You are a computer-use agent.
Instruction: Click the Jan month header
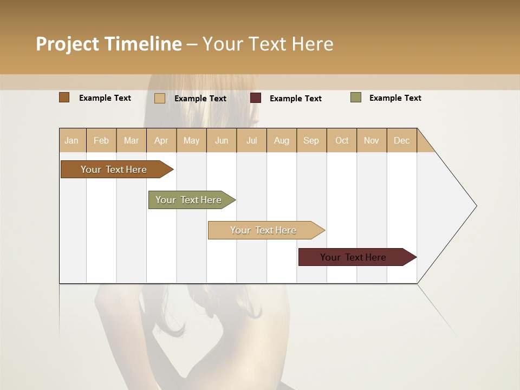pyautogui.click(x=72, y=140)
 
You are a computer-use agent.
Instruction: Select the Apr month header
pyautogui.click(x=161, y=140)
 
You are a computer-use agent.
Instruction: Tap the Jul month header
pyautogui.click(x=251, y=140)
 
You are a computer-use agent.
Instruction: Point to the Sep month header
pyautogui.click(x=311, y=140)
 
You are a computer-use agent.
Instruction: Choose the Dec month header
pyautogui.click(x=401, y=140)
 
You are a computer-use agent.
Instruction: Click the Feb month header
pyautogui.click(x=101, y=140)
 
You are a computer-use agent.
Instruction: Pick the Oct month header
pyautogui.click(x=342, y=140)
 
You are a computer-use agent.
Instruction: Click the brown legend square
pyautogui.click(x=64, y=97)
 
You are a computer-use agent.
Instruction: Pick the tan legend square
pyautogui.click(x=160, y=98)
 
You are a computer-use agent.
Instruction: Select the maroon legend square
pyautogui.click(x=256, y=98)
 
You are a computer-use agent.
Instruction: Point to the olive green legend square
pyautogui.click(x=356, y=97)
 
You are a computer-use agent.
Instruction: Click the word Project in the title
pyautogui.click(x=68, y=44)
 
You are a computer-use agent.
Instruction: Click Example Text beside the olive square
pyautogui.click(x=395, y=97)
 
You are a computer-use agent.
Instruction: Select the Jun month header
pyautogui.click(x=222, y=140)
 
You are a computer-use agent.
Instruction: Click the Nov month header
pyautogui.click(x=372, y=140)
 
